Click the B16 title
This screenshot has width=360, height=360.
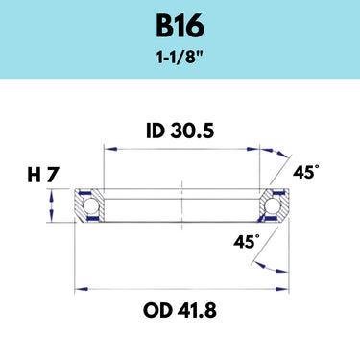(180, 26)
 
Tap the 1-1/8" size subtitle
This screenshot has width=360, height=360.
(180, 58)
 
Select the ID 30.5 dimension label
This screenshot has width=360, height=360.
(180, 132)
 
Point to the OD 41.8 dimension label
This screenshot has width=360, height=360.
(180, 310)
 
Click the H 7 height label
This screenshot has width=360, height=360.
(43, 175)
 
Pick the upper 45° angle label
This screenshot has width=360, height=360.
(305, 173)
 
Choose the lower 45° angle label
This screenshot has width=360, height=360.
(247, 241)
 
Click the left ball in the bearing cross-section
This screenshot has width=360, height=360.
(90, 205)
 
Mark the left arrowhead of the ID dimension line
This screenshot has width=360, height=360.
(109, 149)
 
